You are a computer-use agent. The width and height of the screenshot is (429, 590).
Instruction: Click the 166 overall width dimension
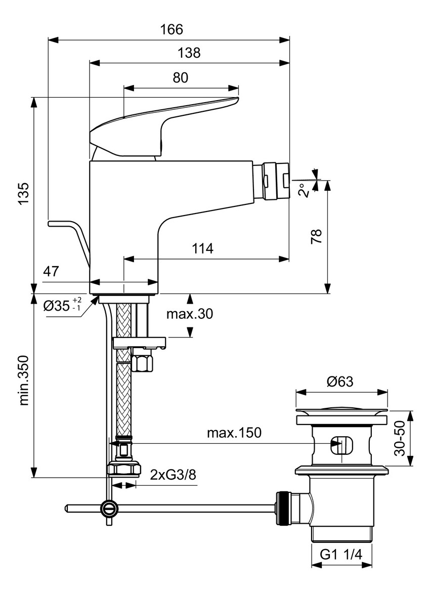[171, 29]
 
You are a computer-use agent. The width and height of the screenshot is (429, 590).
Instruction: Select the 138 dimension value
[189, 53]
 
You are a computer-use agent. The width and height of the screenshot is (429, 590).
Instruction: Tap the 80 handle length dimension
[181, 77]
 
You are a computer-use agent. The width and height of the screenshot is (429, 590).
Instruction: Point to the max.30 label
[190, 314]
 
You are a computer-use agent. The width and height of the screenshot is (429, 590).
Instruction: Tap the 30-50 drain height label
[401, 438]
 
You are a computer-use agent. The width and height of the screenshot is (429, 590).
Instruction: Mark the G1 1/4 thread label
[341, 555]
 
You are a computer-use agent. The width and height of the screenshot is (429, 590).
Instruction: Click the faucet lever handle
[162, 121]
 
